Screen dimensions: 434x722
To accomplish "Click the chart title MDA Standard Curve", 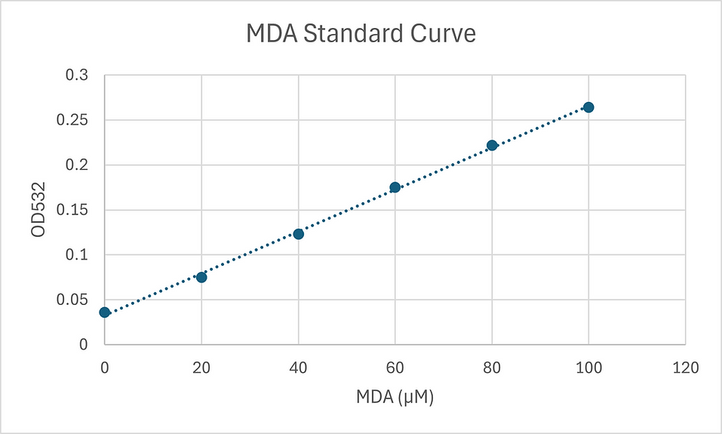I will pos(361,35).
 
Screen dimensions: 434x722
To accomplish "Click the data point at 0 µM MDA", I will pos(105,312).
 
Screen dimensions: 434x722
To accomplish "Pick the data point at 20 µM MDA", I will pos(201,277).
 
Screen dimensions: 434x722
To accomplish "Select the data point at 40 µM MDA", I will pos(298,234).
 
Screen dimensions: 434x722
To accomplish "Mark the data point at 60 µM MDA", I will pos(395,187).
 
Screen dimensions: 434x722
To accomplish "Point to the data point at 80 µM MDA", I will pos(492,145).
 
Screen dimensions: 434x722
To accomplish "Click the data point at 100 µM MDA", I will pos(588,107).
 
